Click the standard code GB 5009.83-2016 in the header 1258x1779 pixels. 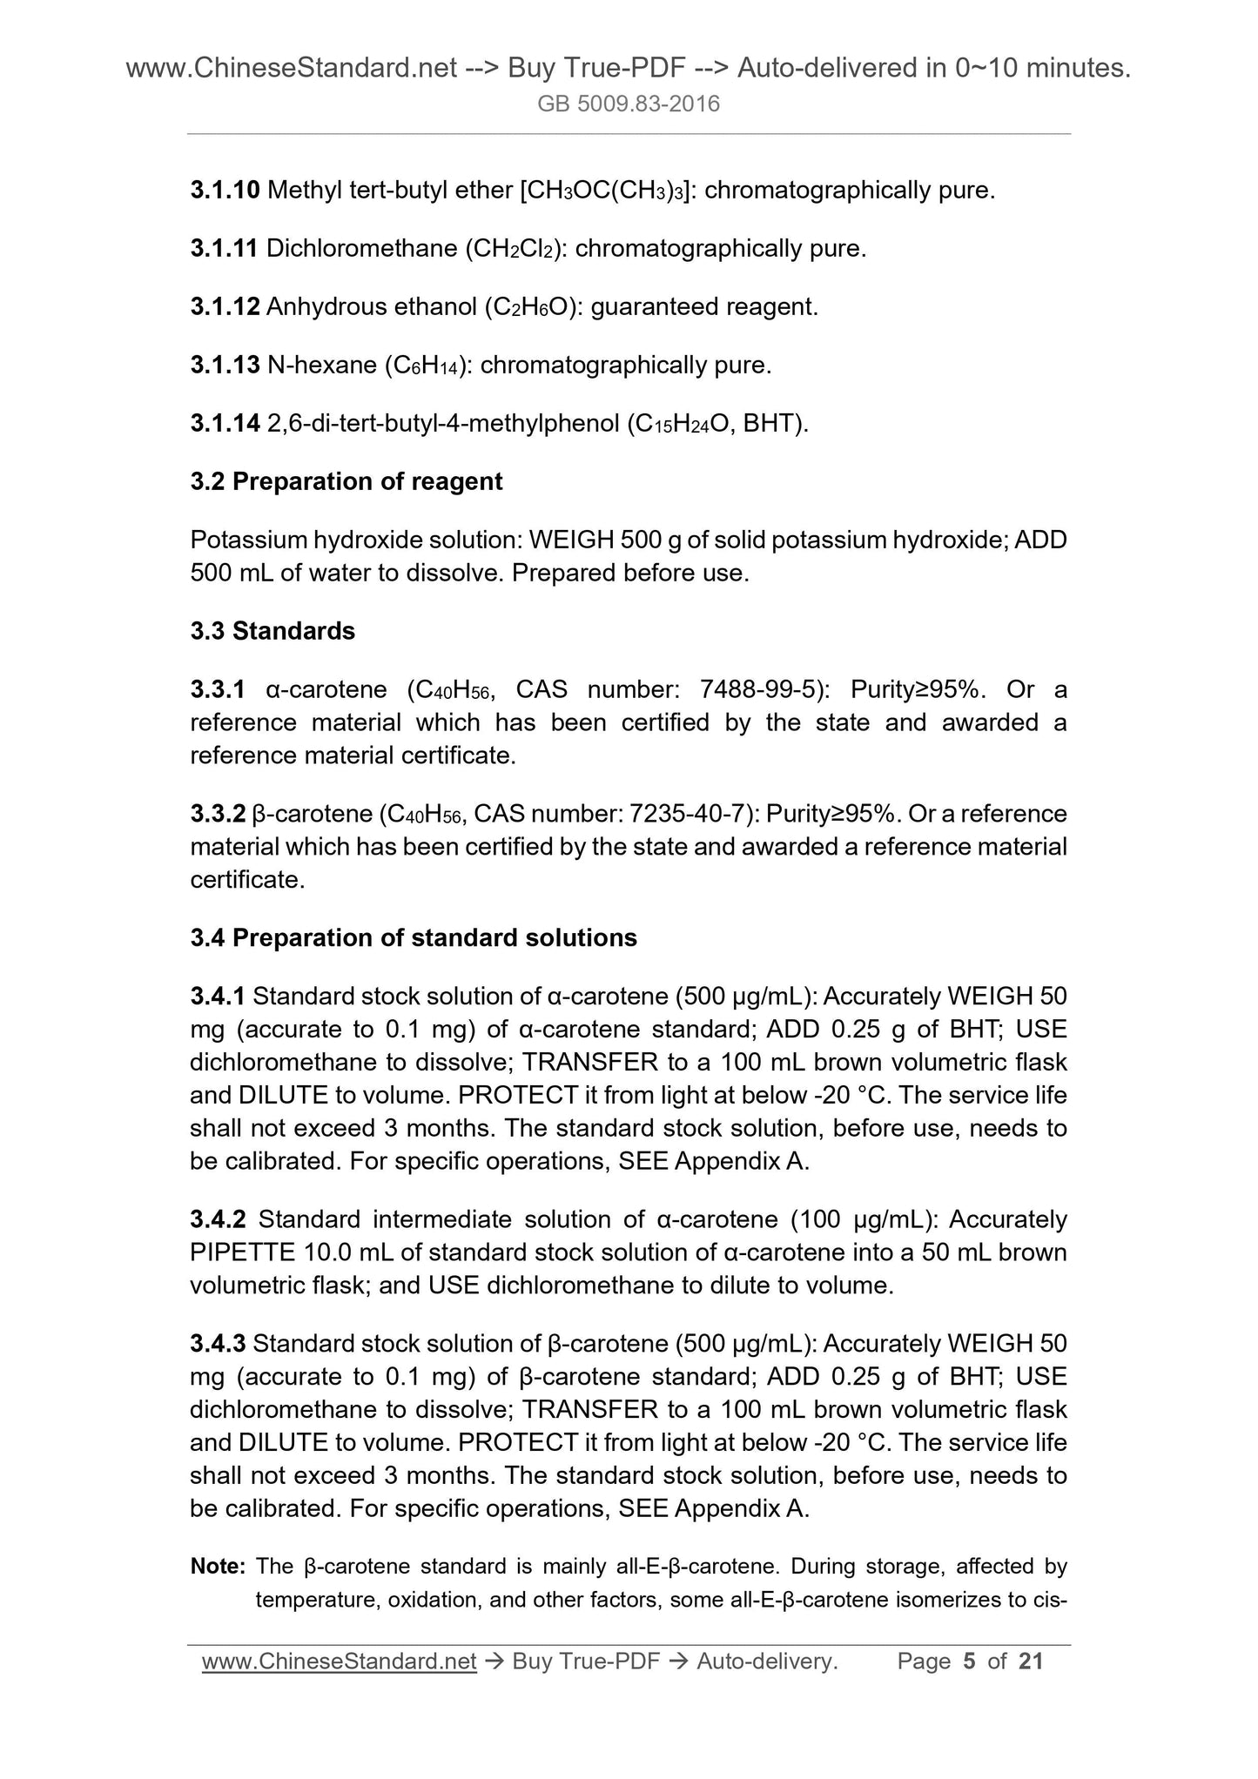pyautogui.click(x=629, y=104)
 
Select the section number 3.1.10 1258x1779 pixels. pyautogui.click(x=225, y=190)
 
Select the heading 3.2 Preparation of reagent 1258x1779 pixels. pyautogui.click(x=346, y=481)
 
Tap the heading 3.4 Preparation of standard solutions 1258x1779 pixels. pyautogui.click(x=414, y=937)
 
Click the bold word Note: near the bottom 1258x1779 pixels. pyautogui.click(x=219, y=1567)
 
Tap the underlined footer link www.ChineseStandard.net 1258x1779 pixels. pyautogui.click(x=339, y=1662)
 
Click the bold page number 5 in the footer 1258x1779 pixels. pyautogui.click(x=969, y=1662)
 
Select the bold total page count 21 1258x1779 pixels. pyautogui.click(x=1030, y=1662)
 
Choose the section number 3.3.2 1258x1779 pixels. pyautogui.click(x=218, y=814)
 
